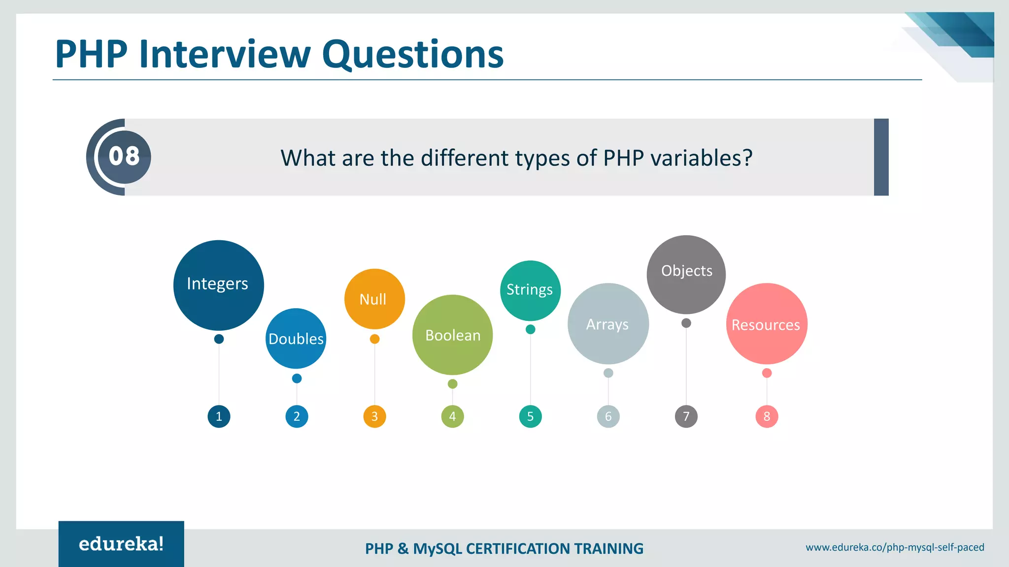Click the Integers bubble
[x=218, y=285]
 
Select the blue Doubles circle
[x=296, y=339]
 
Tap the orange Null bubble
[x=374, y=299]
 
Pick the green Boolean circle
[x=452, y=335]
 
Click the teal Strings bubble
[x=530, y=290]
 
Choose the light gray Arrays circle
[x=608, y=324]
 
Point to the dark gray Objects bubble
[x=686, y=274]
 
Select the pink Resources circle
[x=767, y=324]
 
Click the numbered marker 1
[x=219, y=416]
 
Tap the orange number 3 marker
[x=374, y=416]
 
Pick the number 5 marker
[x=530, y=416]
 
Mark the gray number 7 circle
[x=686, y=416]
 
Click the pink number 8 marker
[x=767, y=416]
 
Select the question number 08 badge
[x=124, y=157]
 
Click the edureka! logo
[x=121, y=544]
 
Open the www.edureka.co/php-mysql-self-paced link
[x=895, y=547]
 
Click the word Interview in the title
[x=225, y=54]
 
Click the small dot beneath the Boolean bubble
[x=452, y=384]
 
